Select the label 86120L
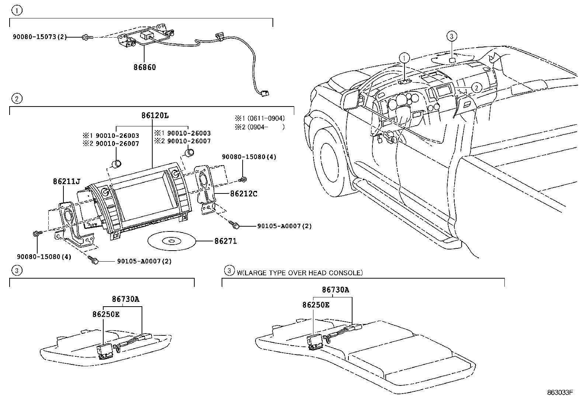[x=155, y=115]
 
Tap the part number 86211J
[x=66, y=181]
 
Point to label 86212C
[x=243, y=193]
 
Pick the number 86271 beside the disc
[x=225, y=241]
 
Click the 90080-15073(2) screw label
[x=40, y=36]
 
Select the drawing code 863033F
[x=560, y=392]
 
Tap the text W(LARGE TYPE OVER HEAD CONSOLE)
[x=299, y=273]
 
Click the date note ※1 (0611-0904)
[x=260, y=118]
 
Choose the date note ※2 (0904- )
[x=260, y=127]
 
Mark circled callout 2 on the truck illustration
[x=476, y=88]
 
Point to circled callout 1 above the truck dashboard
[x=404, y=57]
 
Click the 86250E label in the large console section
[x=316, y=305]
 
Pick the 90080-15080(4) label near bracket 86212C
[x=249, y=157]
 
